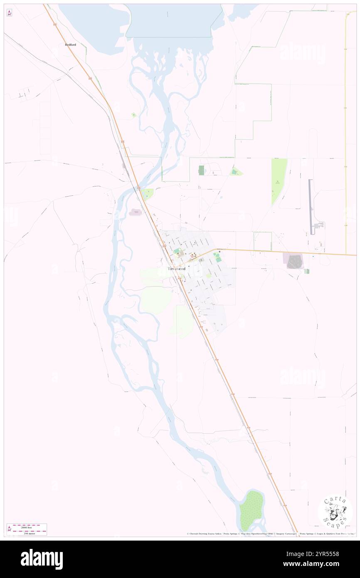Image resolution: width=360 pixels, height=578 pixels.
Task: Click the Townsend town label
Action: [176, 269]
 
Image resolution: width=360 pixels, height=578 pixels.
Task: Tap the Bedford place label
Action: [70, 44]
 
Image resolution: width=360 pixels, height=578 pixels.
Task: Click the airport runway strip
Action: [311, 207]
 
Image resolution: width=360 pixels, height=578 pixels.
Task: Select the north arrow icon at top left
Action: [9, 12]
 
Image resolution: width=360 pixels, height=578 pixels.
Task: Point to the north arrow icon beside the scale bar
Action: [9, 529]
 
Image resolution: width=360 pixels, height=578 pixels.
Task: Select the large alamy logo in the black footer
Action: [42, 559]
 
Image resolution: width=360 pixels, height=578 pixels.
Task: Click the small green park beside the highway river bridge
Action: [147, 193]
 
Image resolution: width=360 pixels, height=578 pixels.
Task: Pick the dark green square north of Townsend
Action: [202, 170]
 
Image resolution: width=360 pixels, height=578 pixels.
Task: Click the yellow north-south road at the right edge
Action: [345, 125]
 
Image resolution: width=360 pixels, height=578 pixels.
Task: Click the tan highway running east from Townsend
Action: [283, 252]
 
